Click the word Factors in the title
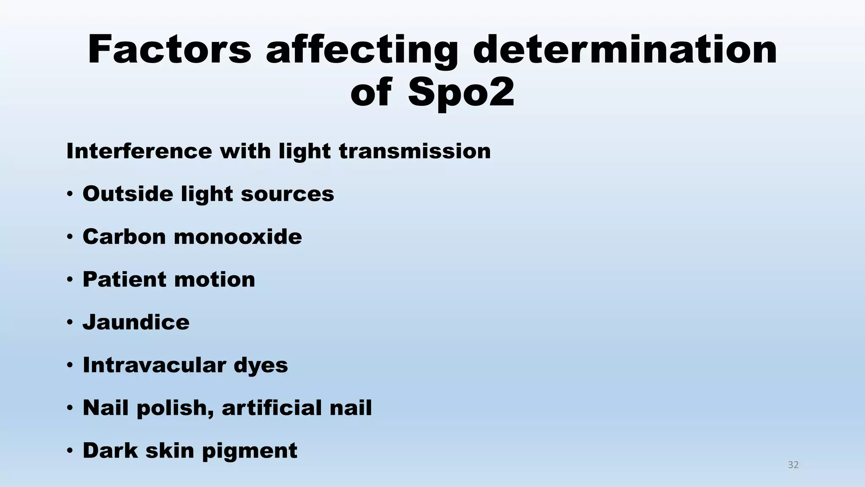(x=169, y=49)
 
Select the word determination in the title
(x=625, y=49)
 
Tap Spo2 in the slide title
(x=461, y=93)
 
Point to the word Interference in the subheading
(x=139, y=151)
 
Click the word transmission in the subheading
(x=415, y=151)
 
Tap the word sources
(x=287, y=194)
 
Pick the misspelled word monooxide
(x=238, y=236)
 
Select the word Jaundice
(x=136, y=322)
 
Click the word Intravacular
(x=154, y=365)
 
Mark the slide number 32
(x=793, y=465)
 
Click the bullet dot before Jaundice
(x=70, y=323)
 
